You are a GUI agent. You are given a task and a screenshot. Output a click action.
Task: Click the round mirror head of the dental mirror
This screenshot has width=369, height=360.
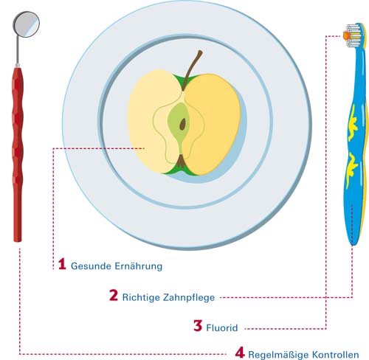point(26,24)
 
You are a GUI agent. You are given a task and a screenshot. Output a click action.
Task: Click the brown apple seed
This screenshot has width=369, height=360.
point(182,124)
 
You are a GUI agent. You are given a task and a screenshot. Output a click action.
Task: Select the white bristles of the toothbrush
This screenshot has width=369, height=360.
point(354,35)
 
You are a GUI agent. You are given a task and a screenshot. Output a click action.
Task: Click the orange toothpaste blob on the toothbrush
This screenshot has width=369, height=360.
point(346,35)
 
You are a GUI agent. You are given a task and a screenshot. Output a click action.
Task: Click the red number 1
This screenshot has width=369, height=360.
point(62,263)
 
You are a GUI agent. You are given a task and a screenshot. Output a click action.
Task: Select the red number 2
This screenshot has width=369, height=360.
point(114,295)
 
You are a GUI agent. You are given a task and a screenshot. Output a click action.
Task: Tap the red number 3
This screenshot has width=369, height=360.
point(198,325)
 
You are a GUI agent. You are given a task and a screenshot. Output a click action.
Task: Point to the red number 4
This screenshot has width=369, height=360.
point(240,352)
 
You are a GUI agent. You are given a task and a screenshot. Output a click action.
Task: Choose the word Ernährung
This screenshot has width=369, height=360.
point(139,266)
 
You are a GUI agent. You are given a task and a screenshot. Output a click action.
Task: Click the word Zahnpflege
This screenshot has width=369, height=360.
point(189,297)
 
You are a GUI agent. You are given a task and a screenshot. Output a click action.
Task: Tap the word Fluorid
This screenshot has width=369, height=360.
point(222,328)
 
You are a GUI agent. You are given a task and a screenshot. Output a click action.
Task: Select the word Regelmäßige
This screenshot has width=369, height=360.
point(278,355)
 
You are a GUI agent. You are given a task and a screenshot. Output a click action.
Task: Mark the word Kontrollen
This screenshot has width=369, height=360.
point(336,355)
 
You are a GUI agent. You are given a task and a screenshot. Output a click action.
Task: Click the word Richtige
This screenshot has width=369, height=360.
point(141,297)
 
